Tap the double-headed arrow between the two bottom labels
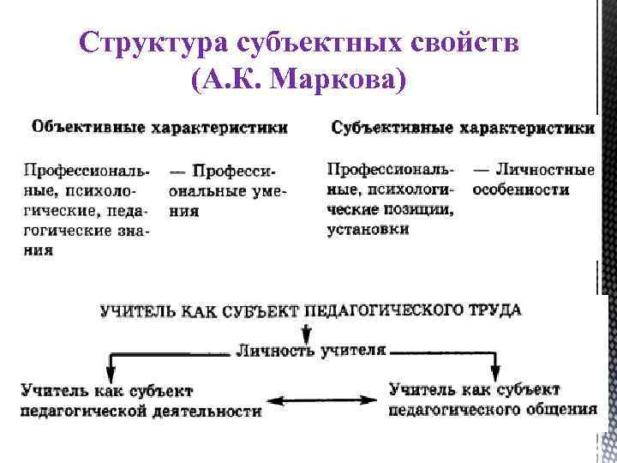click(x=325, y=400)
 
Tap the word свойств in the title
click(x=476, y=43)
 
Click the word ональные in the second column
click(x=207, y=190)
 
